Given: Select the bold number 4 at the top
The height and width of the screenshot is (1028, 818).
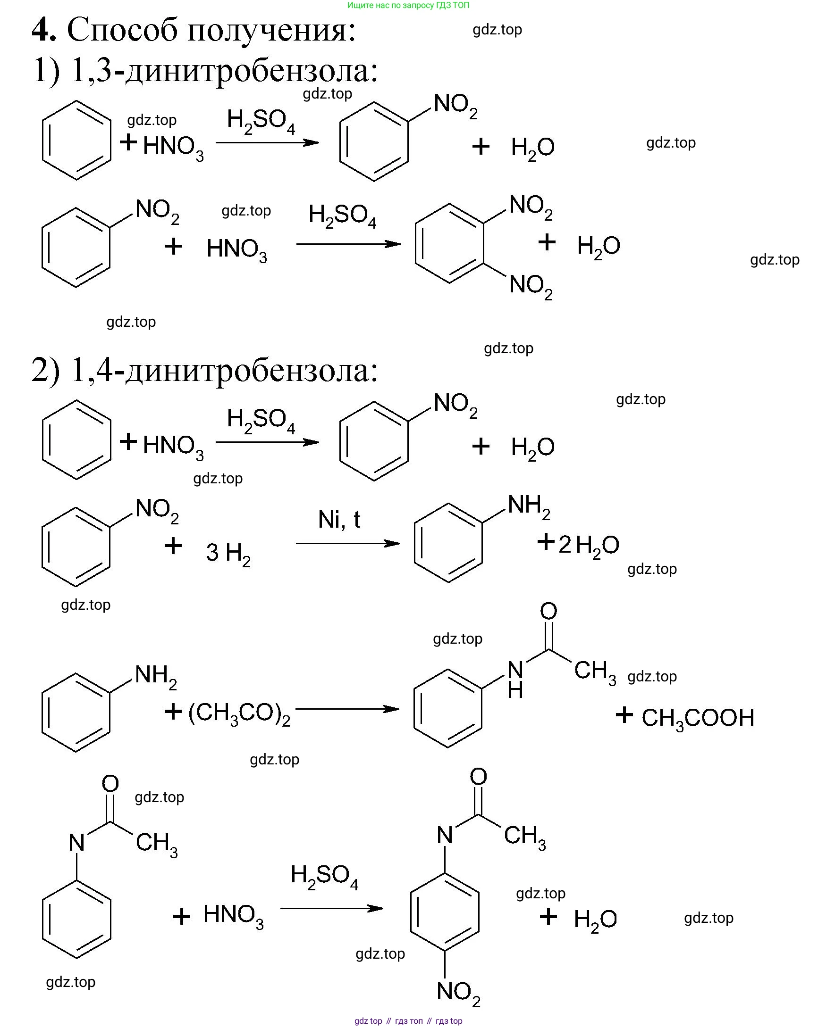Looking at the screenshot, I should click(43, 30).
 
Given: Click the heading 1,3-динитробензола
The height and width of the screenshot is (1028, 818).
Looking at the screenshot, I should click(224, 71).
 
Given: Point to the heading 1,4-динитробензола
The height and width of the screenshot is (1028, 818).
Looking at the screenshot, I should click(224, 371).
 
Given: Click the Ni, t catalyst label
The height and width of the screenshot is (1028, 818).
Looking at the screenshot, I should click(339, 519).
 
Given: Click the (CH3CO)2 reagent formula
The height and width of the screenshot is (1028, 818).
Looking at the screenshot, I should click(239, 714).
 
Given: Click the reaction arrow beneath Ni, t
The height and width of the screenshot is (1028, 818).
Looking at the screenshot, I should click(347, 543).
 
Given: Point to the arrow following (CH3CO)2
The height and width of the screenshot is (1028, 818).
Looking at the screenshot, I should click(347, 709).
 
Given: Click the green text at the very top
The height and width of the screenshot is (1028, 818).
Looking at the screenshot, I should click(408, 5).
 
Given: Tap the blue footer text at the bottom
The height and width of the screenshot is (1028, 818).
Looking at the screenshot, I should click(408, 1021).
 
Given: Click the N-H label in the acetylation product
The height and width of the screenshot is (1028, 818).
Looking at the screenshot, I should click(515, 680).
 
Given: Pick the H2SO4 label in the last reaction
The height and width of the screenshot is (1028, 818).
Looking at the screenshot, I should click(324, 876).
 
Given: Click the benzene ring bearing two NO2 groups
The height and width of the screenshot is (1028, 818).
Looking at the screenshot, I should click(449, 244).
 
